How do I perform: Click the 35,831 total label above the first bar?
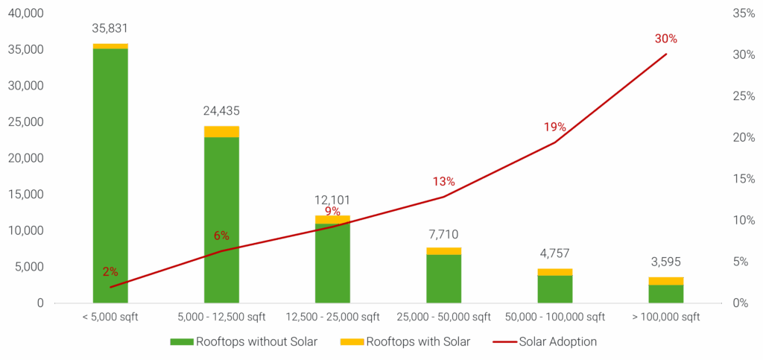click(x=110, y=29)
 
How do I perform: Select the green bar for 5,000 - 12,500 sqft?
click(x=222, y=220)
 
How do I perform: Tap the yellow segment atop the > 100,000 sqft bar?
click(x=666, y=280)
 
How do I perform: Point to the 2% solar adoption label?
click(x=110, y=271)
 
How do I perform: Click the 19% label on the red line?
click(x=554, y=127)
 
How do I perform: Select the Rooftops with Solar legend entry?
click(x=405, y=342)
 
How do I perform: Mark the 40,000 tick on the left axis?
click(x=26, y=14)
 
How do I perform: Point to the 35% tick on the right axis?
click(x=744, y=14)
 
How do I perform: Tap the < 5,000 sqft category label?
click(x=110, y=317)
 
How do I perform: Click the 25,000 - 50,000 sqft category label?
click(x=444, y=317)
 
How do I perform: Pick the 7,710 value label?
click(x=444, y=235)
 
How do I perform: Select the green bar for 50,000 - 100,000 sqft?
click(x=555, y=289)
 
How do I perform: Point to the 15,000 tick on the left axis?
click(x=26, y=195)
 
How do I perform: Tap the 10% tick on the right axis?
click(x=744, y=220)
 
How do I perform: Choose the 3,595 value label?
click(x=666, y=262)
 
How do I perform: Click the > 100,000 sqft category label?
click(x=666, y=317)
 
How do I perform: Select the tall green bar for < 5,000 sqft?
click(x=110, y=175)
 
